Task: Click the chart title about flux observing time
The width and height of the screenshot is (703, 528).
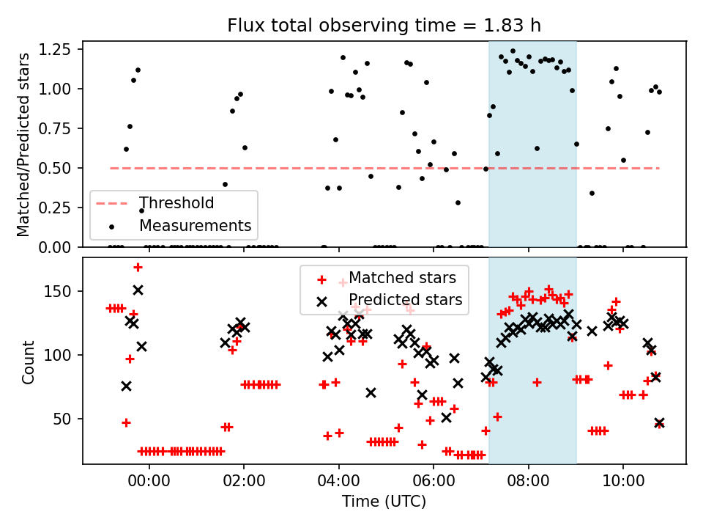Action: (x=384, y=26)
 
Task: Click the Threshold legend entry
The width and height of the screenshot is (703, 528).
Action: (x=176, y=203)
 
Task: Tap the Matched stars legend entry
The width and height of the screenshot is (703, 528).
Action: (x=402, y=278)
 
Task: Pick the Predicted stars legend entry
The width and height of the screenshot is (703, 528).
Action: (x=405, y=300)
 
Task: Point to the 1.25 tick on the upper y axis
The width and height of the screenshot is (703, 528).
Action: (x=63, y=50)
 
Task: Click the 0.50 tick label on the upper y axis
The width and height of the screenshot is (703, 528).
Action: (x=63, y=168)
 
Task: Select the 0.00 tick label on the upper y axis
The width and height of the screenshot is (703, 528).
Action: (x=63, y=247)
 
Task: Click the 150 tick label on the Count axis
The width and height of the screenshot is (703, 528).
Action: (x=64, y=291)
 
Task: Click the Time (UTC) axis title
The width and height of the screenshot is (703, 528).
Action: (x=384, y=502)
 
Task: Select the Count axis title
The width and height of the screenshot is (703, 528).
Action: (x=28, y=362)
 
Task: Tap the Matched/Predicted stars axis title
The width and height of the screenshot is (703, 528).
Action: (x=23, y=144)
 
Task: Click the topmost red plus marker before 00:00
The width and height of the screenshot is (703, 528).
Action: (x=138, y=267)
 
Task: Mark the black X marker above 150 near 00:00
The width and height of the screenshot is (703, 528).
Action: (x=138, y=290)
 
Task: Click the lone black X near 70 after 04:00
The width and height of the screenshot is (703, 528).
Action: (x=371, y=392)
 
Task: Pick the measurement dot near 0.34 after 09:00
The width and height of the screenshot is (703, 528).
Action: (x=592, y=193)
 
